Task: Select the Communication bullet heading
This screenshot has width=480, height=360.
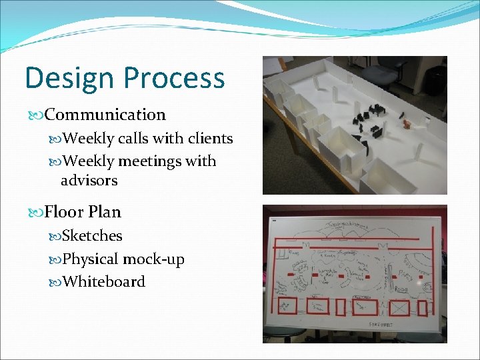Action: pos(105,115)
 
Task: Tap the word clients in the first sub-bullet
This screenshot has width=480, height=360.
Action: pos(210,139)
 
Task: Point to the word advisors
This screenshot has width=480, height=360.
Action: pos(89,180)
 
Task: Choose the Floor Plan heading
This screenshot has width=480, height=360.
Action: pos(83,212)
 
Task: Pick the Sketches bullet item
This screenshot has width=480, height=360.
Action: pos(92,236)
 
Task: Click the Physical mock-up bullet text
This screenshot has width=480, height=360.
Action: pos(123,259)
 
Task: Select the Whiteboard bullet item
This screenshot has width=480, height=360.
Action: pos(103,281)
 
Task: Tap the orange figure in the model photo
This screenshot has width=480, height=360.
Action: pos(405,124)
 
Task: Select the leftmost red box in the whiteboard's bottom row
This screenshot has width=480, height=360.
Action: pos(287,305)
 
